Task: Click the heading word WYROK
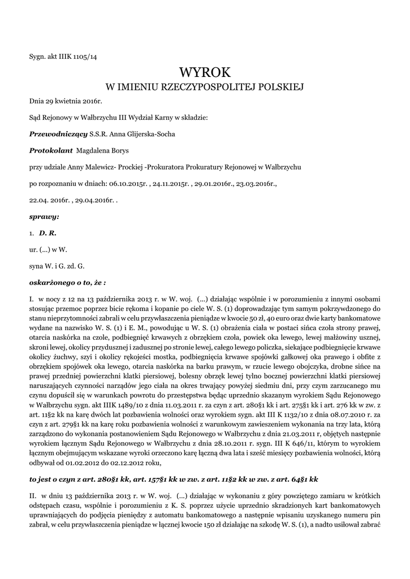coord(205,72)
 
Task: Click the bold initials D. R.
coord(48,233)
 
